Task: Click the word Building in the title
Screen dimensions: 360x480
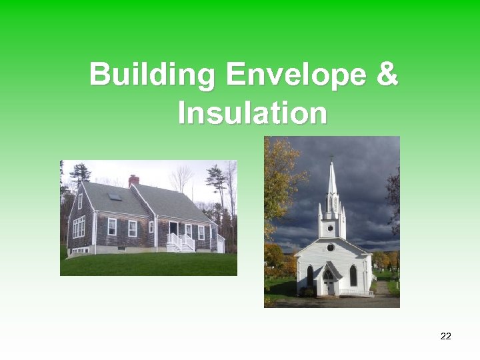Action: [x=153, y=75]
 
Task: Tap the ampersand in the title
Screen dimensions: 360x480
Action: [x=387, y=75]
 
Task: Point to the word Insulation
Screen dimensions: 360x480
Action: [x=253, y=113]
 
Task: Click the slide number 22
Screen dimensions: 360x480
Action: [x=446, y=336]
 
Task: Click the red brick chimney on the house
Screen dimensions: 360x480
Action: [x=133, y=180]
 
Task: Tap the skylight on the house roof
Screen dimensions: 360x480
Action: [x=115, y=197]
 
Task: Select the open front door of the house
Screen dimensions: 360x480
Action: [x=173, y=229]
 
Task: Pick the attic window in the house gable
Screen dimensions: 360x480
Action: [x=80, y=201]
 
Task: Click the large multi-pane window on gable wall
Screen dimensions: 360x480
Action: [x=79, y=227]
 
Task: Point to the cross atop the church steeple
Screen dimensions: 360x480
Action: [x=331, y=159]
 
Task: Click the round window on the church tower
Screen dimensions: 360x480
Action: [x=330, y=228]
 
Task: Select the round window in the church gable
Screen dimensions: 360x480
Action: [x=330, y=247]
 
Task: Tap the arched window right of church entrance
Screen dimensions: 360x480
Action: [x=353, y=275]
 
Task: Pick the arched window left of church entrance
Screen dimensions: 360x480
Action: [x=310, y=275]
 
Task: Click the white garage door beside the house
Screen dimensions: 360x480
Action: [x=220, y=243]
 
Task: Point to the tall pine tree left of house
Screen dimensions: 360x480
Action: [x=81, y=175]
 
